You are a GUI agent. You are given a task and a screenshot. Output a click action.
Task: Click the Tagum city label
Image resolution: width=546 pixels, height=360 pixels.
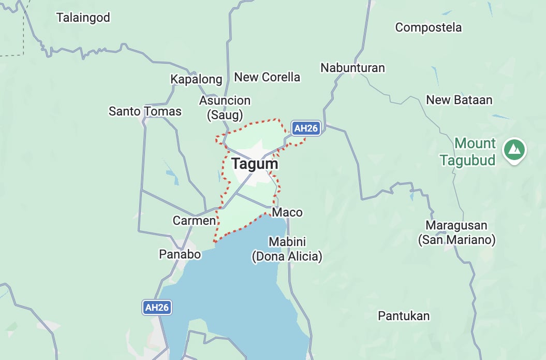[x=255, y=164]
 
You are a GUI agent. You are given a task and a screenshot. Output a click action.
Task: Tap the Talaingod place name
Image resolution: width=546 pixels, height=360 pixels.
[x=83, y=18]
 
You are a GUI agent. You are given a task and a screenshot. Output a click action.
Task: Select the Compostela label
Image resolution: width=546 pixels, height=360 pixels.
[x=428, y=27]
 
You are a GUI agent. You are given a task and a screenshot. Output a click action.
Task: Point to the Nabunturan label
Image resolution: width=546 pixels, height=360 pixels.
[x=352, y=68]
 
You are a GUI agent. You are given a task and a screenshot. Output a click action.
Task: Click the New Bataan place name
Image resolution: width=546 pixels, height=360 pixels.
[x=459, y=100]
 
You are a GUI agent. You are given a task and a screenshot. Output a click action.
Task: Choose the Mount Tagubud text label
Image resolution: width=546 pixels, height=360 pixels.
[x=468, y=151]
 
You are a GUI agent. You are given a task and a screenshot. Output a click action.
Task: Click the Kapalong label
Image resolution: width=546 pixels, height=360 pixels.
[x=196, y=79]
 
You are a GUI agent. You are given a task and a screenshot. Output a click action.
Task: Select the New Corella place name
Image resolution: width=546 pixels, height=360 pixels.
[x=267, y=77]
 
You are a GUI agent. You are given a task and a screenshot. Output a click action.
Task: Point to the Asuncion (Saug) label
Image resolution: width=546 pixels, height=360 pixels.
[x=225, y=108]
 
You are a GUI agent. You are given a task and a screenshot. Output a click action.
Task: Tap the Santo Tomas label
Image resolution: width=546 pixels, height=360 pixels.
[x=145, y=111]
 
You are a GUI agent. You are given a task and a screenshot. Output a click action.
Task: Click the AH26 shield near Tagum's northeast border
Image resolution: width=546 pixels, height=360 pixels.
[x=305, y=128]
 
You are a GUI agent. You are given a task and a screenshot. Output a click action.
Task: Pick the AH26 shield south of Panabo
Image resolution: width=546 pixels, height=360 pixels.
[x=157, y=307]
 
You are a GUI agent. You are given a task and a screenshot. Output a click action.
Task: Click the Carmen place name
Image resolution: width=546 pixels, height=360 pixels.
[x=194, y=221]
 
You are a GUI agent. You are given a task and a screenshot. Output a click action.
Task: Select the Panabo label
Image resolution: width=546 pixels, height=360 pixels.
[x=179, y=254]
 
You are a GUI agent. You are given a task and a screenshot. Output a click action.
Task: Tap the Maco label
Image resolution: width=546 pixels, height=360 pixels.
[x=287, y=212]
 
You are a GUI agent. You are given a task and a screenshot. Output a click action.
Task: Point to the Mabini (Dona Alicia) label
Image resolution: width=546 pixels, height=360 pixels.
[x=287, y=249]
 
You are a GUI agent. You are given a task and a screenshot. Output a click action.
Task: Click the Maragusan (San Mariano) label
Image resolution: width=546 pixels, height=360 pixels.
[x=456, y=233]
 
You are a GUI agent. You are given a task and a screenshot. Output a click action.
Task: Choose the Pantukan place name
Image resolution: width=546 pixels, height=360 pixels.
[x=404, y=316]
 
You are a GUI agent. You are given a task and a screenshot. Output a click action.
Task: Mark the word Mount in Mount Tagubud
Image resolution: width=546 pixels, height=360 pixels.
[x=475, y=143]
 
